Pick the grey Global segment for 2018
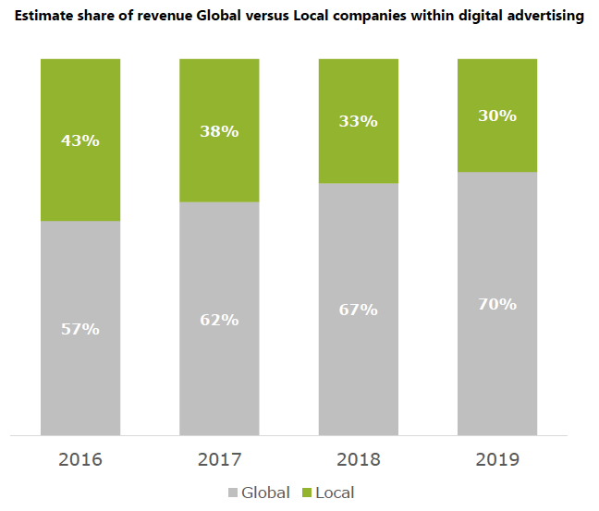tap(358, 370)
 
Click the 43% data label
tap(80, 141)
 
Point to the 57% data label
tap(80, 329)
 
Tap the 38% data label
tap(219, 131)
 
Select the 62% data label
tap(219, 320)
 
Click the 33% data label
tap(358, 121)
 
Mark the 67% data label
tap(358, 310)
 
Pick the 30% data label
tap(497, 116)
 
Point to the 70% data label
tap(497, 304)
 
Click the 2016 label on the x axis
tap(80, 459)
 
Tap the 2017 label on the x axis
tap(219, 459)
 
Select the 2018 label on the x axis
tap(358, 459)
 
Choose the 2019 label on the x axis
tap(497, 459)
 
